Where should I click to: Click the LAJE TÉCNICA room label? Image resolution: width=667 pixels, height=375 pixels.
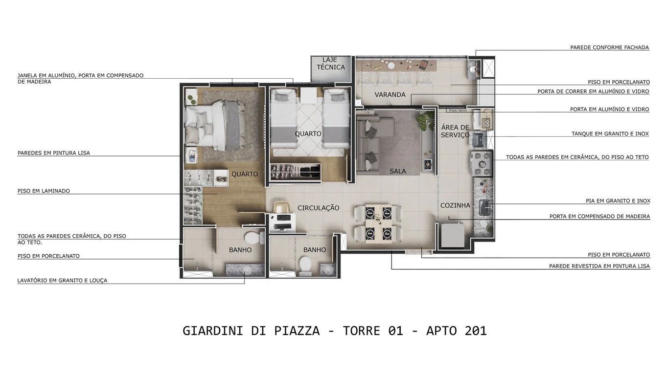click(330, 64)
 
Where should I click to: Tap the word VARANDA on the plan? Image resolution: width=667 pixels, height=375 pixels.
click(390, 94)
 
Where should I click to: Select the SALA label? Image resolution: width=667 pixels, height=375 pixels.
click(398, 171)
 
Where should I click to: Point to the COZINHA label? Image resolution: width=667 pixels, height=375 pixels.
click(455, 205)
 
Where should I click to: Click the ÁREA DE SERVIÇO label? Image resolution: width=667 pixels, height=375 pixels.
click(455, 131)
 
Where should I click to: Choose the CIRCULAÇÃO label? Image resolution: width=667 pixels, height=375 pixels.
click(318, 208)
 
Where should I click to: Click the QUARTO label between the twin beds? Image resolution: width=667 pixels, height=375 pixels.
click(308, 133)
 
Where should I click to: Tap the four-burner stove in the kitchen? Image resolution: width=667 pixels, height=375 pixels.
click(481, 163)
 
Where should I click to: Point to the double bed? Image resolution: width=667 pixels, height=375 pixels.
click(215, 125)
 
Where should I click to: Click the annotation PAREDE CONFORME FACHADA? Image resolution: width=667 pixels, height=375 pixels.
click(609, 47)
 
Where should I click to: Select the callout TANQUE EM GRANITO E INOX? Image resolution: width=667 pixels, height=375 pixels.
click(610, 133)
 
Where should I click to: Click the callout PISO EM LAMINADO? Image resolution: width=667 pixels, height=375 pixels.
click(44, 191)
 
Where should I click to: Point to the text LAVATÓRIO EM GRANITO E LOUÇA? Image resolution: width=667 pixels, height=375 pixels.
click(62, 281)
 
